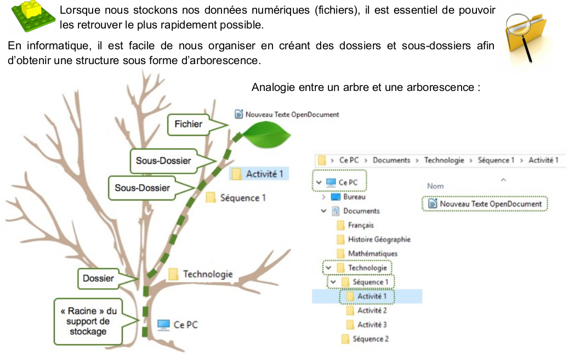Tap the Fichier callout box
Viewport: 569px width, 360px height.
coord(188,124)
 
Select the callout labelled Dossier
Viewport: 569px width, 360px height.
coord(98,278)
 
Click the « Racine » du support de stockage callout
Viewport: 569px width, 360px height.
coord(88,321)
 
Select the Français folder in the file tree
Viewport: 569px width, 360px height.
coord(360,225)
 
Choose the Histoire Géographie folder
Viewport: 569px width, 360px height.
coord(378,239)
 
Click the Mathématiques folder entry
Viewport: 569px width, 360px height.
coord(372,254)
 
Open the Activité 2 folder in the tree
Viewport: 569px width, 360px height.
coord(372,311)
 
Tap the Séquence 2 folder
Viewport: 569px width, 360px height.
coord(370,339)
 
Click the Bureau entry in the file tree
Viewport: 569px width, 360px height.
coord(354,197)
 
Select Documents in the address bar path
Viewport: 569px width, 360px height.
coord(391,160)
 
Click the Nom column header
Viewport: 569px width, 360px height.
coord(435,186)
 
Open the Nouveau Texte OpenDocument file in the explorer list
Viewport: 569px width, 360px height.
coord(490,204)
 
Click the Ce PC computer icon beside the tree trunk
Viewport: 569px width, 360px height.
coord(163,325)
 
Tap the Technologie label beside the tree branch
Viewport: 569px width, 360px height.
coord(207,274)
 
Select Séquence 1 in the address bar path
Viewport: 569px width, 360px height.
coord(496,160)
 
